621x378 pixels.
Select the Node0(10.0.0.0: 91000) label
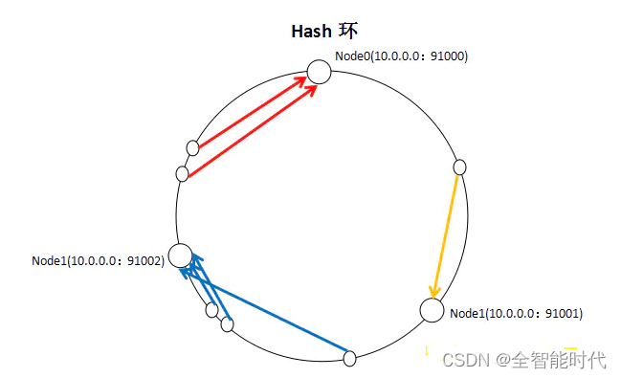401,56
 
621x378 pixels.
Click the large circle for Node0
319,72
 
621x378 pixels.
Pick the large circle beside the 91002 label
180,256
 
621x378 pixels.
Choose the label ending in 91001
516,313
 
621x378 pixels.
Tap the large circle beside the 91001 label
432,310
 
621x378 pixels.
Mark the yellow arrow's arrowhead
435,290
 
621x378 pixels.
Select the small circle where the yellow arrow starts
459,167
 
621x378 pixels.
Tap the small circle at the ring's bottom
350,359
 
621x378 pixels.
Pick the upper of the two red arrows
254,113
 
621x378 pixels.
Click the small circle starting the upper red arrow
192,147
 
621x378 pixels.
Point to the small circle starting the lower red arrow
183,173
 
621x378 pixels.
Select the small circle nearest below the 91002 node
211,309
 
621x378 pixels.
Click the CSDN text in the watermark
463,361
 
